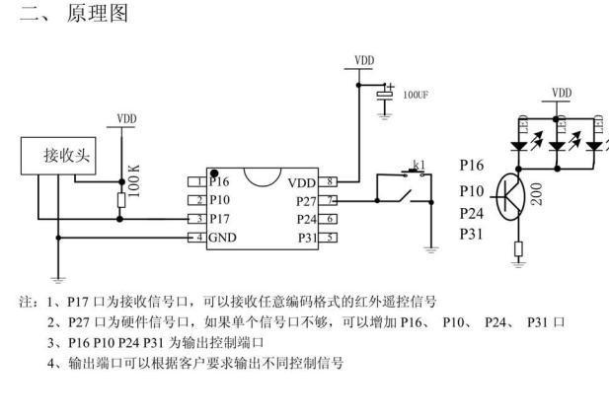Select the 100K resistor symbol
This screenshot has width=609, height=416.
click(x=121, y=201)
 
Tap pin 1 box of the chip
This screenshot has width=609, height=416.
click(x=198, y=181)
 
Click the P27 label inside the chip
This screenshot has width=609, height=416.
click(x=307, y=200)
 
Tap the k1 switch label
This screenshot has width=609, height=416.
click(x=418, y=165)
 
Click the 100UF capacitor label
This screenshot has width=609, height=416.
click(x=416, y=96)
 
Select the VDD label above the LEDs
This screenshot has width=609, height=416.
click(x=561, y=94)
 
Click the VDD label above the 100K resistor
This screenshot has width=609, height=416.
click(x=126, y=119)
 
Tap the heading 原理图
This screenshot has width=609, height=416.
click(x=97, y=15)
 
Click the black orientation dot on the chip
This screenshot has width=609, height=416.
click(x=214, y=173)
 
